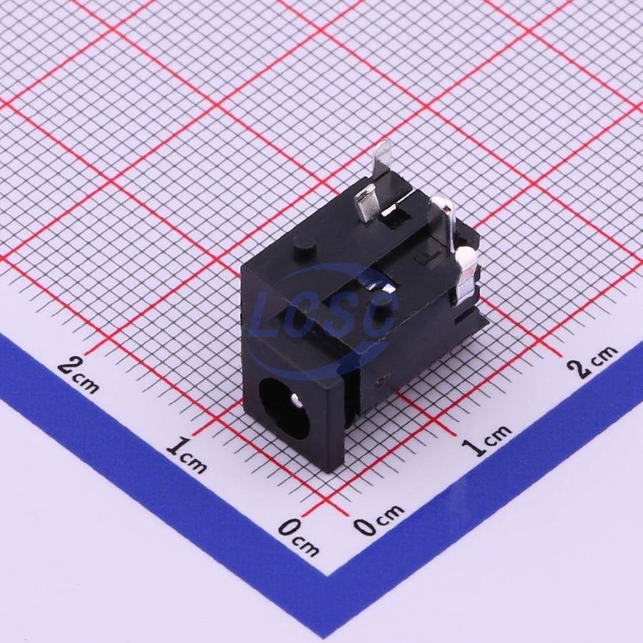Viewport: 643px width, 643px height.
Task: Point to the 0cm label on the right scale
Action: [x=379, y=520]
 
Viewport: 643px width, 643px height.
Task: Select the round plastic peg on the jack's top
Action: [x=304, y=246]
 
